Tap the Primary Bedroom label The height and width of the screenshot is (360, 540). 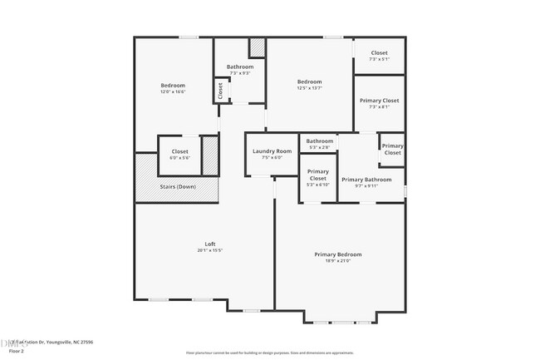(x=337, y=254)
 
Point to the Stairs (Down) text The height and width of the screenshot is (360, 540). (x=178, y=186)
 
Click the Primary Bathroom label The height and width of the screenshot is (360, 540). (x=366, y=180)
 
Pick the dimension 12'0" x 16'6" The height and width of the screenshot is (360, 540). (x=173, y=91)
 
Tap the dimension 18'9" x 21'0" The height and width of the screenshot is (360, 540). (x=337, y=261)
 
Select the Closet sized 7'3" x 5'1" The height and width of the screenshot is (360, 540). (x=379, y=53)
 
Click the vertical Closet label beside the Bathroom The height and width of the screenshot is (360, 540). (x=220, y=90)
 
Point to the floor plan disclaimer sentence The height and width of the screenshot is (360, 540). (x=270, y=353)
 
